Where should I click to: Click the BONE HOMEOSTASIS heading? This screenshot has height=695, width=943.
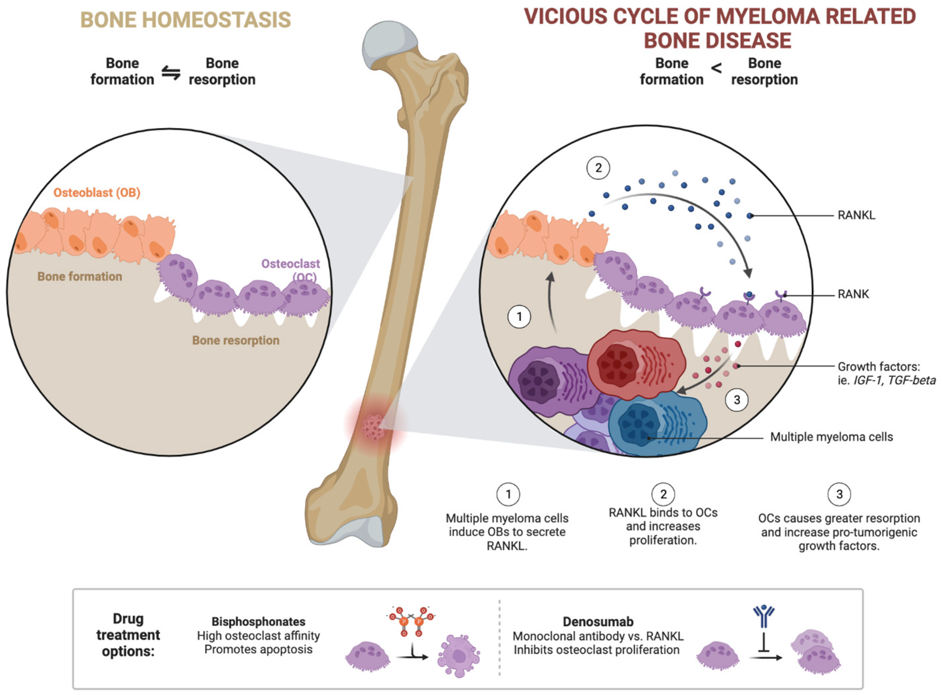[x=185, y=20]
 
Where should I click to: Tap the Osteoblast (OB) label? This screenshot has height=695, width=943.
[x=97, y=193]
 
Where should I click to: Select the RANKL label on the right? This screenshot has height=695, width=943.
[x=856, y=216]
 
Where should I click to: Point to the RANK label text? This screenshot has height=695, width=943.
[x=853, y=294]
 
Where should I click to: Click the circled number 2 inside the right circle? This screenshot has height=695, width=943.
[x=598, y=168]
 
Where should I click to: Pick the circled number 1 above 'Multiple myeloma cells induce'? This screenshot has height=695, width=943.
[x=508, y=494]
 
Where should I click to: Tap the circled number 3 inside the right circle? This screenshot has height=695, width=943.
[x=737, y=400]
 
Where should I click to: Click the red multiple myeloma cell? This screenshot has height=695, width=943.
[x=635, y=364]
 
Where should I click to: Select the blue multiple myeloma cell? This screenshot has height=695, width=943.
[x=656, y=425]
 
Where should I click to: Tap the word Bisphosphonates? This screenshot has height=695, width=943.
[x=258, y=621]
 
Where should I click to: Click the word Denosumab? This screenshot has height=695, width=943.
[x=598, y=621]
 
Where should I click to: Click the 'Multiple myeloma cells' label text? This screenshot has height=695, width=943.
[x=831, y=437]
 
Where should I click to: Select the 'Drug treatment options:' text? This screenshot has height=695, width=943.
[x=128, y=635]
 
